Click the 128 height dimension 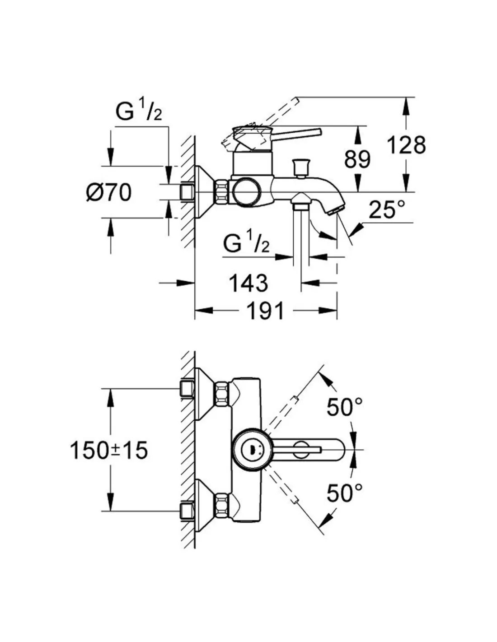tap(406, 145)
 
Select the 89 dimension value tap(357, 159)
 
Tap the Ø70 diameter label tap(109, 193)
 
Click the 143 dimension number tap(248, 283)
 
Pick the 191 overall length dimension tap(266, 311)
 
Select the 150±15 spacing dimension tap(109, 450)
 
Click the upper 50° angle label tap(344, 407)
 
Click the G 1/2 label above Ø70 tap(138, 112)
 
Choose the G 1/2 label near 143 tap(246, 245)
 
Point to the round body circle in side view tap(246, 191)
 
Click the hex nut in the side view tap(222, 191)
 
